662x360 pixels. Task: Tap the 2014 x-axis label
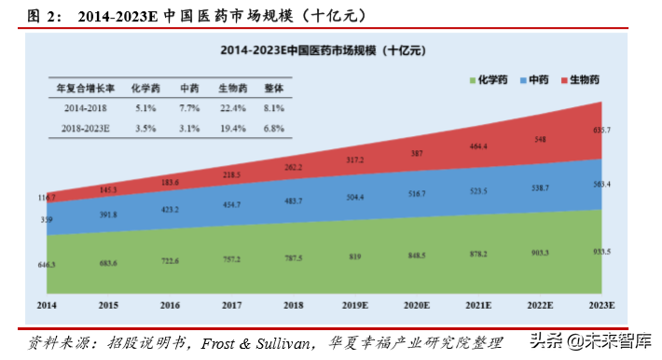[47, 305]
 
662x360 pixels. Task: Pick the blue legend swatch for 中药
[524, 81]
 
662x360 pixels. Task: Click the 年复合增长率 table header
[83, 89]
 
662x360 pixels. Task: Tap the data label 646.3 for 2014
[46, 265]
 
